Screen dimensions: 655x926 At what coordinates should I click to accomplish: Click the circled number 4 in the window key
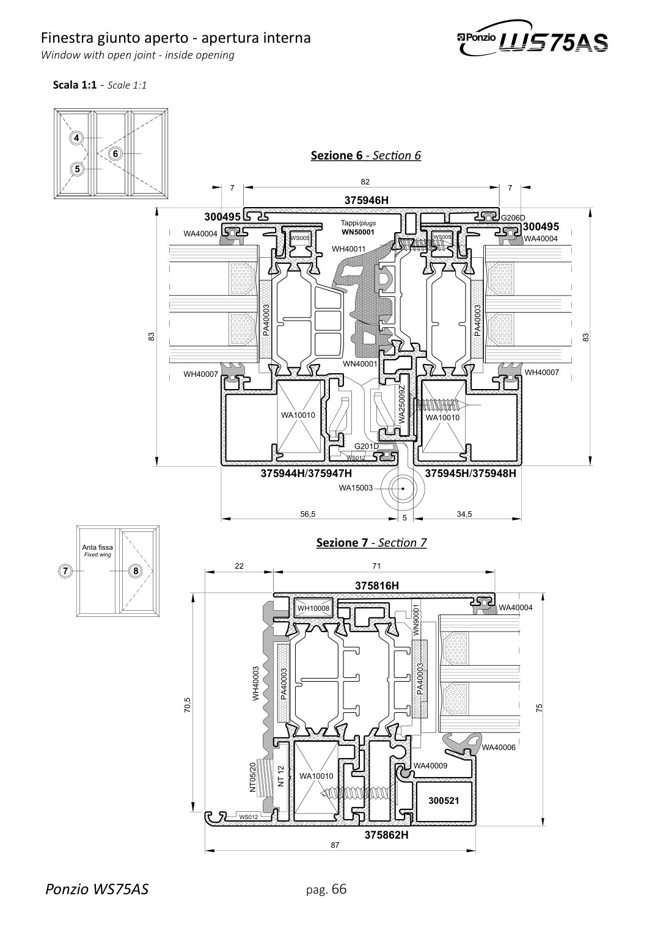[76, 137]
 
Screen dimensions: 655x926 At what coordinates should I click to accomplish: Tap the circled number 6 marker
[115, 154]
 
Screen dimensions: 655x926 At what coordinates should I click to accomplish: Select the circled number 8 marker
[135, 571]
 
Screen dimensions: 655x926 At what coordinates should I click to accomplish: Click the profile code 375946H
[367, 200]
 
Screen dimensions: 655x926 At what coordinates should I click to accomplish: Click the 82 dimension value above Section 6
[365, 181]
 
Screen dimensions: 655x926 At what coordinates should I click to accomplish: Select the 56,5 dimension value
[308, 514]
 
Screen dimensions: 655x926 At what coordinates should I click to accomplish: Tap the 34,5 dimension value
[464, 514]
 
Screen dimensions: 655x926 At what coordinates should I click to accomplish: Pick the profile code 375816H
[377, 586]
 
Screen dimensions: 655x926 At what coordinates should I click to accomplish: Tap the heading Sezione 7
[342, 542]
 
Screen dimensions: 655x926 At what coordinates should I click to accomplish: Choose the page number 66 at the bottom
[338, 888]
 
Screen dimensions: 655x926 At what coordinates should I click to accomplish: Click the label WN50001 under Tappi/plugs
[357, 232]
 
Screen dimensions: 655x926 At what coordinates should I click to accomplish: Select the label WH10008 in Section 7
[313, 608]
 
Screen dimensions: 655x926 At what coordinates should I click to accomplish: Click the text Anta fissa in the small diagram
[97, 547]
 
